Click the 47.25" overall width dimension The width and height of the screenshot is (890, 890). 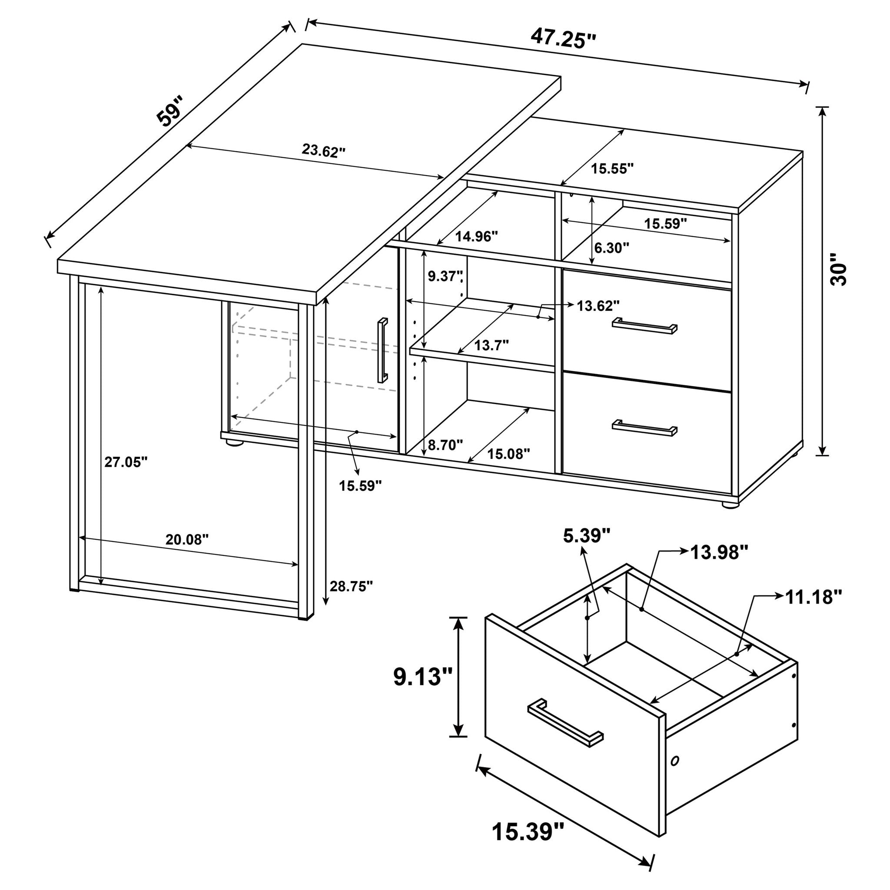563,38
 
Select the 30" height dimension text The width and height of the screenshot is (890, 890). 838,275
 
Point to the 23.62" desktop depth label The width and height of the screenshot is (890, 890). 323,151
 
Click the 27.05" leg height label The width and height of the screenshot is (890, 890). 126,462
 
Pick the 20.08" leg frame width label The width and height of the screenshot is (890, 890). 187,539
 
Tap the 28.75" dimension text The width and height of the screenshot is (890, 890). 351,586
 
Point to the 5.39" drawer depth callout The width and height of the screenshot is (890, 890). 586,535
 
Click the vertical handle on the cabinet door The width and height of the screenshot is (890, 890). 383,350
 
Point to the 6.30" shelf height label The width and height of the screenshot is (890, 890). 611,248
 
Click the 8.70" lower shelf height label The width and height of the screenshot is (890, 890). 445,445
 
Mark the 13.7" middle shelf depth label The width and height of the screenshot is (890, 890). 491,345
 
